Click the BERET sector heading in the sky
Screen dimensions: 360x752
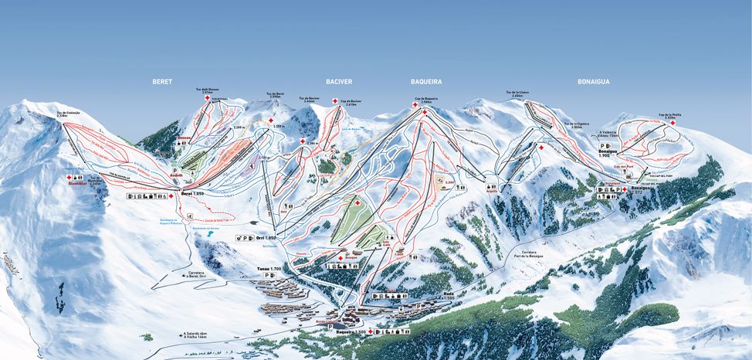click(162, 80)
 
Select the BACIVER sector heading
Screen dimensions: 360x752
click(338, 80)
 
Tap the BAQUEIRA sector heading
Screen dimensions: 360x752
click(426, 80)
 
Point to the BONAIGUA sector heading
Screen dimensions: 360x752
click(594, 80)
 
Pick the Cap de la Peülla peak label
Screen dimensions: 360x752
click(669, 115)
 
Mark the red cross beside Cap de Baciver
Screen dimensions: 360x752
click(334, 101)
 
